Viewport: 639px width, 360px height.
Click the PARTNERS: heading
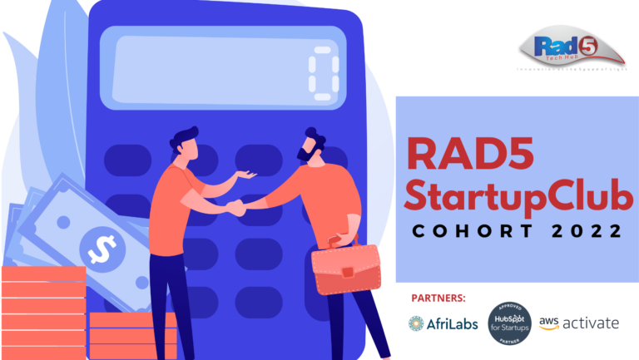(x=438, y=298)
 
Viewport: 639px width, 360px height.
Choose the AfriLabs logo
(x=443, y=323)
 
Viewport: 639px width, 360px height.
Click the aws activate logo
(x=578, y=323)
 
